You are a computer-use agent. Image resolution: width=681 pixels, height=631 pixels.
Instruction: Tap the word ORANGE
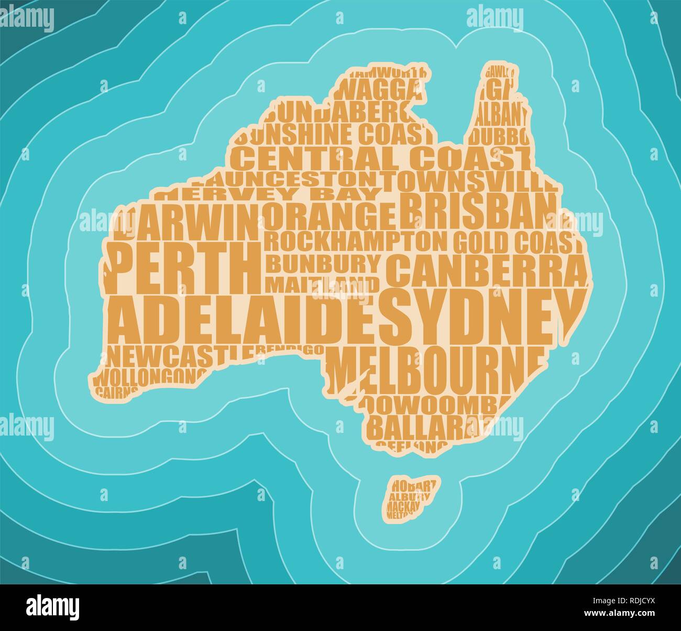[x=329, y=216]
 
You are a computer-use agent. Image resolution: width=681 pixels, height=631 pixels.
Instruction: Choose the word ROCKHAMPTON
[x=356, y=242]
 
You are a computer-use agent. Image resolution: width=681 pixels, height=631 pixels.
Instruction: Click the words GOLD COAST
[x=517, y=242]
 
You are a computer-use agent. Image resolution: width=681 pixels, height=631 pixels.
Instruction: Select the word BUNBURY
[x=323, y=263]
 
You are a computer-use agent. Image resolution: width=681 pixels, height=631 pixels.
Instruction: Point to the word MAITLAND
[x=322, y=284]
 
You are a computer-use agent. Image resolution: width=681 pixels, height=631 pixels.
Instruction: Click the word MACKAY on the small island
[x=403, y=506]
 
